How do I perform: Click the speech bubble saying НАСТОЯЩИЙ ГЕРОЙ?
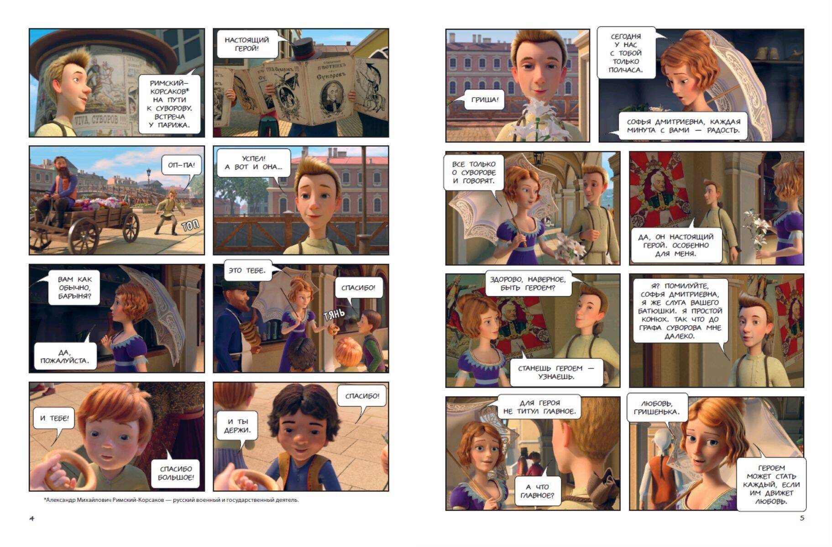click(x=247, y=44)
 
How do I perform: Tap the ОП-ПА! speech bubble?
click(x=181, y=165)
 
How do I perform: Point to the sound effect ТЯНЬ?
click(x=334, y=315)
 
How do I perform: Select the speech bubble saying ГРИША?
click(x=485, y=100)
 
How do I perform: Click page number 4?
click(x=31, y=518)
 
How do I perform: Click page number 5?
click(x=802, y=518)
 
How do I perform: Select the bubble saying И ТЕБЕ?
click(x=54, y=418)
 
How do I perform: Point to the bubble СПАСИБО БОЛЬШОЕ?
click(x=176, y=473)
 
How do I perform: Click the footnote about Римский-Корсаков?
click(x=171, y=500)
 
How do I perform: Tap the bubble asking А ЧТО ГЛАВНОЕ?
click(x=537, y=491)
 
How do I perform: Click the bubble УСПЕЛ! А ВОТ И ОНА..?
click(x=254, y=163)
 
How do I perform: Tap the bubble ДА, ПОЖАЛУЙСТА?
click(x=65, y=357)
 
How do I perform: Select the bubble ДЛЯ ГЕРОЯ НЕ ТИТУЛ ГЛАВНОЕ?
click(x=539, y=407)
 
